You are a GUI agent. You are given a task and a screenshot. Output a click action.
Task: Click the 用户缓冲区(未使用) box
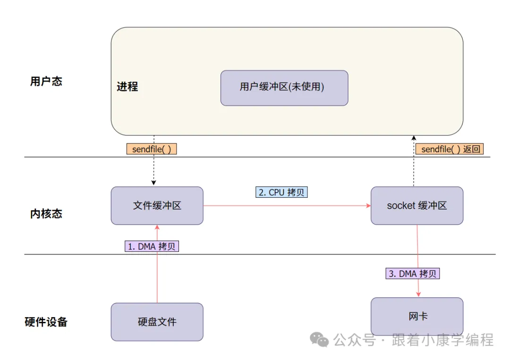coord(284,88)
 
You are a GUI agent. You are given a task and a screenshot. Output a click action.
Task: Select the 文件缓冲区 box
coord(157,206)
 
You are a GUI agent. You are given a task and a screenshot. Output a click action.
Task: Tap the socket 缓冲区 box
coord(417,206)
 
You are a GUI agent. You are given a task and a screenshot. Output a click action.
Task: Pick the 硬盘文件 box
coord(157,322)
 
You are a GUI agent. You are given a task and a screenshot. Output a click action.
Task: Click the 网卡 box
coord(417,316)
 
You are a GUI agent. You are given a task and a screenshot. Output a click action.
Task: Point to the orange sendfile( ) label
coord(151,149)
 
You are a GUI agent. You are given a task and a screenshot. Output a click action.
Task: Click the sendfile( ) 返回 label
coord(450,149)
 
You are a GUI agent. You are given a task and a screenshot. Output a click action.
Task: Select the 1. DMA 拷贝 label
coord(152,246)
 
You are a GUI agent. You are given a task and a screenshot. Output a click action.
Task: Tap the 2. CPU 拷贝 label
coord(282,193)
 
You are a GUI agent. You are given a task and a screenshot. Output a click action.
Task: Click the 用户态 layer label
coord(46,81)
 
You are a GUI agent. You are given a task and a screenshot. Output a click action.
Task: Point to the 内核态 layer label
coord(46,214)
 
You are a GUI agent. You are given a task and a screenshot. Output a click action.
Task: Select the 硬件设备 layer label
coord(46,322)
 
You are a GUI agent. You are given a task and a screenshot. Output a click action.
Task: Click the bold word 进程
coord(127,86)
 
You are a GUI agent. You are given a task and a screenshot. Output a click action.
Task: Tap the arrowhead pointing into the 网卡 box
coord(418,294)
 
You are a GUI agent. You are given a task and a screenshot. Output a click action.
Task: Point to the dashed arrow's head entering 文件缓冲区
coord(153,183)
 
